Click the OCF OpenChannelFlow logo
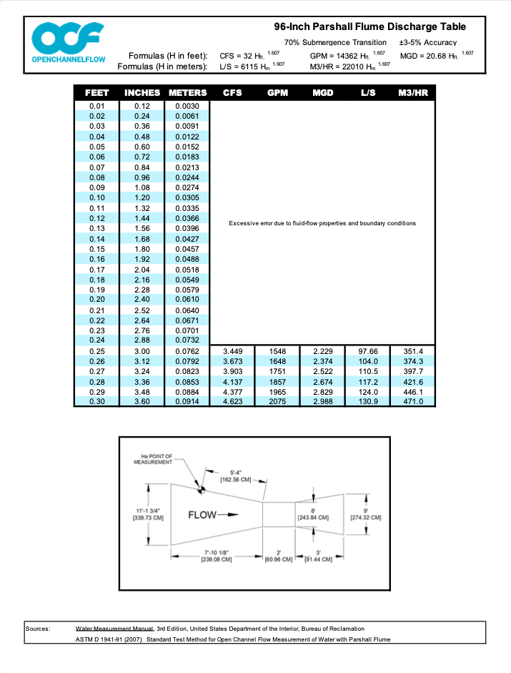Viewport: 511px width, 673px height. pos(69,42)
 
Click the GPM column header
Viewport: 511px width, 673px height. pos(277,93)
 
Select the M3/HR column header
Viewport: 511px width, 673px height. pos(413,93)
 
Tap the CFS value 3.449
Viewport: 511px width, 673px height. pos(232,351)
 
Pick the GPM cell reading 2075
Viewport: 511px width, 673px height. pos(277,401)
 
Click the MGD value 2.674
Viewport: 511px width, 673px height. pos(322,382)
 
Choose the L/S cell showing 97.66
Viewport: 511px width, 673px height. pos(368,351)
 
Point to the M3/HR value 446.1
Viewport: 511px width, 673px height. pos(413,392)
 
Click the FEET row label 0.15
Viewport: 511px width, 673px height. pos(97,249)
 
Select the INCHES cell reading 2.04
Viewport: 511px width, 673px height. pos(142,270)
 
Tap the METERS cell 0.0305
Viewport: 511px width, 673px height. pos(187,197)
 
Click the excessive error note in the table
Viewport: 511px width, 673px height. pos(322,223)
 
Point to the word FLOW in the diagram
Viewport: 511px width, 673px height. pos(202,515)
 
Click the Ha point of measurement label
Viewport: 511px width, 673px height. pos(153,459)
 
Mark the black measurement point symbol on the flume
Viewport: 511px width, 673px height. pos(201,489)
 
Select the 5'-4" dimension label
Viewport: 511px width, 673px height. pos(236,476)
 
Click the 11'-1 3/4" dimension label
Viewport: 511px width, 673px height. pos(148,514)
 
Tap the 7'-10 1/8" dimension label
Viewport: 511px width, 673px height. pos(217,556)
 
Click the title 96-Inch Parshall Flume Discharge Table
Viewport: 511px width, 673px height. pos(369,26)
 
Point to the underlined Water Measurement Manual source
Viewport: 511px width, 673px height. pos(114,629)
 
